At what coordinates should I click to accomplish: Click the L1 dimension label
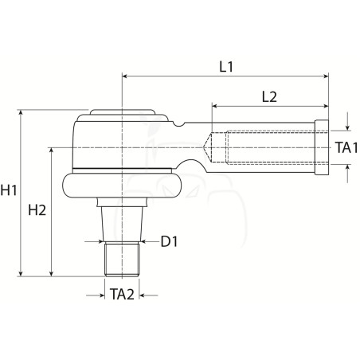click(226, 67)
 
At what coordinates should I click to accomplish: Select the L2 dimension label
click(269, 96)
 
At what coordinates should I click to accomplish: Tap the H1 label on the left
click(9, 190)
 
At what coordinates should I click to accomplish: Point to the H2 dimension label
click(37, 210)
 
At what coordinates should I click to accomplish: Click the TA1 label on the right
click(346, 147)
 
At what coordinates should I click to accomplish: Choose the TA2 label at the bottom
click(122, 294)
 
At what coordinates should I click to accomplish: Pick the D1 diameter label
click(169, 241)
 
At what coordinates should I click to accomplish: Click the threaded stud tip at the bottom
click(122, 260)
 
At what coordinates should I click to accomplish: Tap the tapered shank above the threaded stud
click(122, 225)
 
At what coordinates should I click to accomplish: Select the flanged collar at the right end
click(322, 147)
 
